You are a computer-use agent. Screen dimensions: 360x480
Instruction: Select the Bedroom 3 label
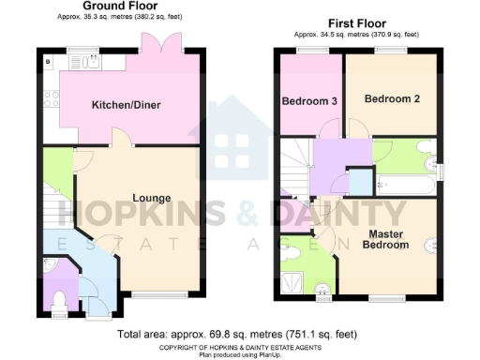coord(309,100)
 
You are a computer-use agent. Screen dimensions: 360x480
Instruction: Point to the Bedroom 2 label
coord(391,98)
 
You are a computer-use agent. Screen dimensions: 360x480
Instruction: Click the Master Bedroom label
coord(387,239)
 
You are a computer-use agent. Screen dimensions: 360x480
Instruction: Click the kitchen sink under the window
coord(92,62)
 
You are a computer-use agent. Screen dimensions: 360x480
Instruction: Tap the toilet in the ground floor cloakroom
coord(61,302)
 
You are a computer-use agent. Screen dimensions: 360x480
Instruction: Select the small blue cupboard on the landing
coord(360,180)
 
